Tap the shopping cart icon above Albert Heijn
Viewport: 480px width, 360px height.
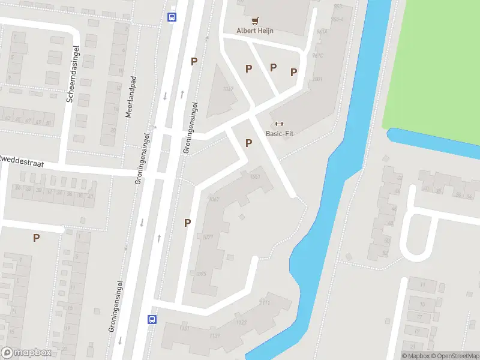pyautogui.click(x=255, y=20)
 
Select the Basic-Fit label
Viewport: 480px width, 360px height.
pyautogui.click(x=279, y=134)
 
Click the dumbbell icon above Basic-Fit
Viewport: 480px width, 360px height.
pyautogui.click(x=279, y=124)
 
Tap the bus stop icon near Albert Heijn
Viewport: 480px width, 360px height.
pyautogui.click(x=172, y=17)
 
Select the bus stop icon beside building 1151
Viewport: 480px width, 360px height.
pyautogui.click(x=152, y=320)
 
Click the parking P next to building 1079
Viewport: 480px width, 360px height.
pyautogui.click(x=187, y=223)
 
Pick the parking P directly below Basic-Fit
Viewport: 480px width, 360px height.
pyautogui.click(x=248, y=143)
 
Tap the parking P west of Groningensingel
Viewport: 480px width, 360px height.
pyautogui.click(x=36, y=238)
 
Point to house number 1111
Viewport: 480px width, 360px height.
pyautogui.click(x=265, y=302)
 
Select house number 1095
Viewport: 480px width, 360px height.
pyautogui.click(x=202, y=274)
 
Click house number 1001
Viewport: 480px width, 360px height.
pyautogui.click(x=317, y=79)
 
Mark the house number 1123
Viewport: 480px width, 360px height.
pyautogui.click(x=241, y=323)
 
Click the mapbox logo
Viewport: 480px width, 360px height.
pyautogui.click(x=26, y=353)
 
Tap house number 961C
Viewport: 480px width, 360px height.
pyautogui.click(x=317, y=55)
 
